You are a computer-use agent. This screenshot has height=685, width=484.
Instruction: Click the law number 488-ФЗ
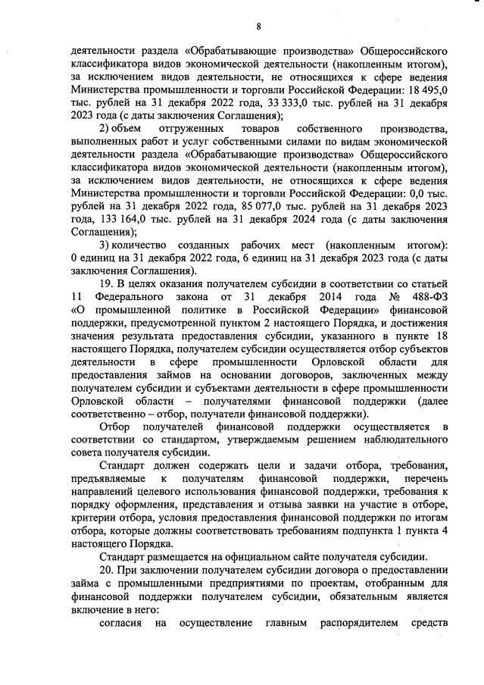pyautogui.click(x=429, y=296)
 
